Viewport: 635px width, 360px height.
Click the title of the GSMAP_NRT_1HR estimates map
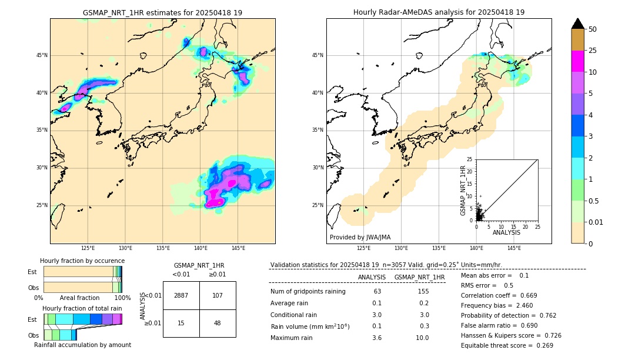(162, 12)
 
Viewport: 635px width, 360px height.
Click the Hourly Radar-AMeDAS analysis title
(439, 12)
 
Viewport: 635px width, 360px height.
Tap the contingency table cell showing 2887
(181, 295)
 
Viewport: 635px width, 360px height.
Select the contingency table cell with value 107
(218, 295)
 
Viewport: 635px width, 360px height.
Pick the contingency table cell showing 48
(218, 323)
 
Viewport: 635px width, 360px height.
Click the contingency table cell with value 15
(181, 323)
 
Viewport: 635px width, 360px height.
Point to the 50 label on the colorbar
(593, 29)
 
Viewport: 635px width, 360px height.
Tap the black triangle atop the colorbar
(578, 24)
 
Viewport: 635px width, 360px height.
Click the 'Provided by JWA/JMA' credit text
(360, 238)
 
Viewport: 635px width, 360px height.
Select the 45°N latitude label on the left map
(42, 55)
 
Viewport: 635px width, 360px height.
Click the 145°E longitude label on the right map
(514, 248)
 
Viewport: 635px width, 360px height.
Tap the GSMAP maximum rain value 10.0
(422, 338)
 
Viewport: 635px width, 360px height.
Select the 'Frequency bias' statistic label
(482, 306)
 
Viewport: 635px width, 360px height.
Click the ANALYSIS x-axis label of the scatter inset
(506, 232)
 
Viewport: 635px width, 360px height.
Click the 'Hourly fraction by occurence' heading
(82, 261)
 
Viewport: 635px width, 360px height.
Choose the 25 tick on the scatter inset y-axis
(470, 159)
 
